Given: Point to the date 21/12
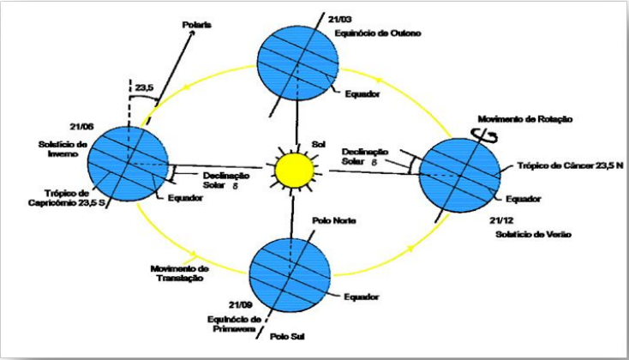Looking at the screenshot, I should [x=492, y=220].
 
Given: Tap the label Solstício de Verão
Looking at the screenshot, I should [x=515, y=234].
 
